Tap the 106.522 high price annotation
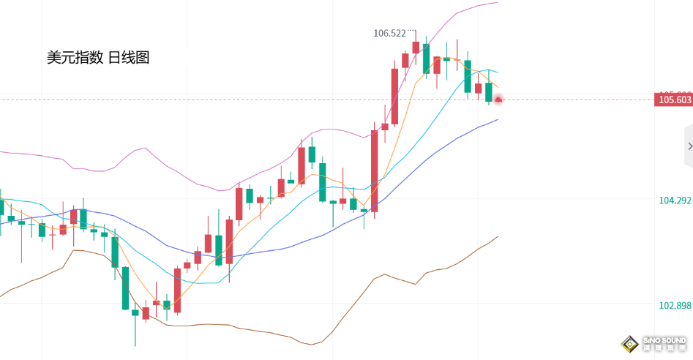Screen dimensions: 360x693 click(389, 34)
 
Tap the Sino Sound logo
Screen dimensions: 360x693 click(653, 343)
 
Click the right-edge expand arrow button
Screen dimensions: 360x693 click(689, 146)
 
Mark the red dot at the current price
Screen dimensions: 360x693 click(498, 99)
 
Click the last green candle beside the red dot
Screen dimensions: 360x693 click(489, 92)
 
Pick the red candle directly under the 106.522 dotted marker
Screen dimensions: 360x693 click(416, 47)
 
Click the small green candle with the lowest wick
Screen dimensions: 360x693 click(135, 313)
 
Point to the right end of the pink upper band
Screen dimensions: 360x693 click(498, 3)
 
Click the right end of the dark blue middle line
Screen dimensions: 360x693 click(498, 119)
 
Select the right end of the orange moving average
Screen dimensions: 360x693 click(498, 87)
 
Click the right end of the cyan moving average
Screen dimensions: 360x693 click(498, 72)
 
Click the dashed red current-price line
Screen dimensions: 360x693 click(220, 100)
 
